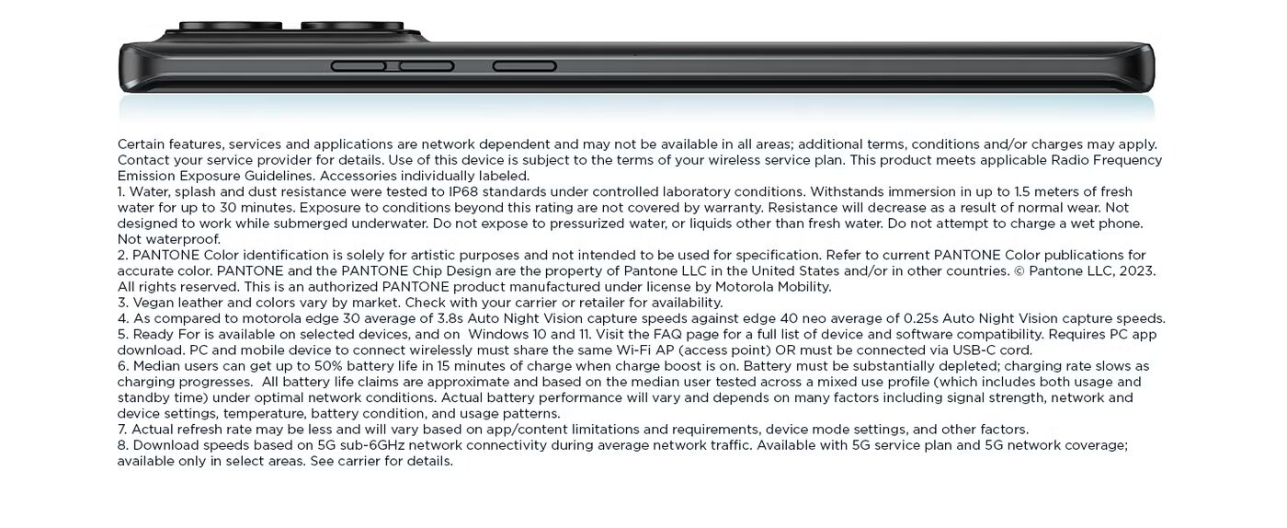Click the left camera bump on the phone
(x=231, y=26)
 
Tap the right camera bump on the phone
(x=352, y=26)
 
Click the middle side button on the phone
(x=427, y=66)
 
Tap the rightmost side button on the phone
(x=524, y=66)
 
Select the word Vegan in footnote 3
(x=154, y=303)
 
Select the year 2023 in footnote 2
(x=1136, y=271)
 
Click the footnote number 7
(x=122, y=430)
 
